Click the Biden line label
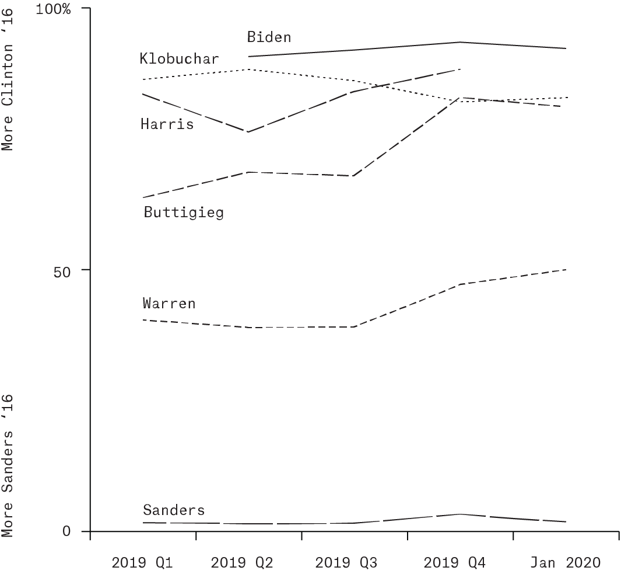tap(269, 37)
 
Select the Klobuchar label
tap(179, 59)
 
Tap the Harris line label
tap(167, 124)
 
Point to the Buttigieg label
tap(184, 212)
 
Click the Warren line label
tap(169, 304)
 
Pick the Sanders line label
tap(174, 510)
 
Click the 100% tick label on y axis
tap(53, 9)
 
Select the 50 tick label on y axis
tap(62, 272)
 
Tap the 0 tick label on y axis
tap(66, 531)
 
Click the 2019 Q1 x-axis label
tap(142, 562)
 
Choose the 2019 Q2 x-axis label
tap(242, 562)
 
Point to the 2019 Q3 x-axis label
tap(346, 562)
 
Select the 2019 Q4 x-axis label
tap(455, 562)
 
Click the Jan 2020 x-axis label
tap(566, 562)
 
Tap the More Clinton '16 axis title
tap(7, 79)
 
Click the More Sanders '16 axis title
tap(7, 466)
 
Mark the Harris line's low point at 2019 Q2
tap(248, 132)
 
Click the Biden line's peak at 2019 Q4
tap(460, 42)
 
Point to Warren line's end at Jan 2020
tap(566, 270)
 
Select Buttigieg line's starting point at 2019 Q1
tap(143, 197)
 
